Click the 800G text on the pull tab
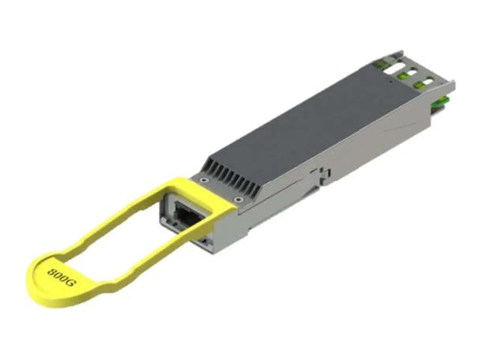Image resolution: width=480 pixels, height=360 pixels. tap(61, 277)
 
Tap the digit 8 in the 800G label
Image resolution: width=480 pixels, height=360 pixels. tap(52, 271)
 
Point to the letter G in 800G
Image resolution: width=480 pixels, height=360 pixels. tap(70, 283)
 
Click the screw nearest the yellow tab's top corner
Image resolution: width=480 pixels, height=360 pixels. tap(202, 180)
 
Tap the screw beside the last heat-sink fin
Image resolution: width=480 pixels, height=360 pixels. tap(238, 200)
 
